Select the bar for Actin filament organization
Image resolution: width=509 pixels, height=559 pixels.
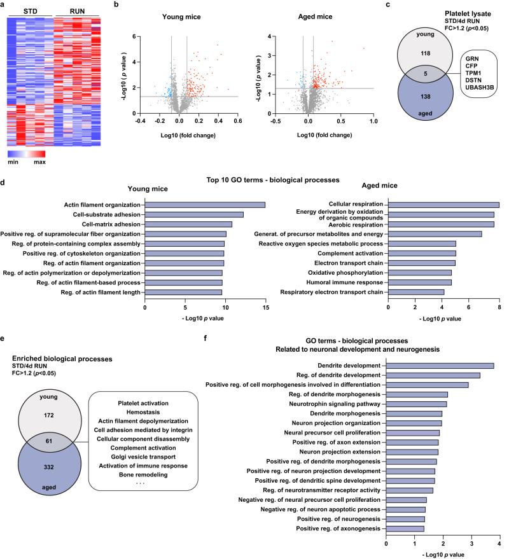pos(205,204)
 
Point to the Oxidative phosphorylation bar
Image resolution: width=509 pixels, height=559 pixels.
pos(420,272)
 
